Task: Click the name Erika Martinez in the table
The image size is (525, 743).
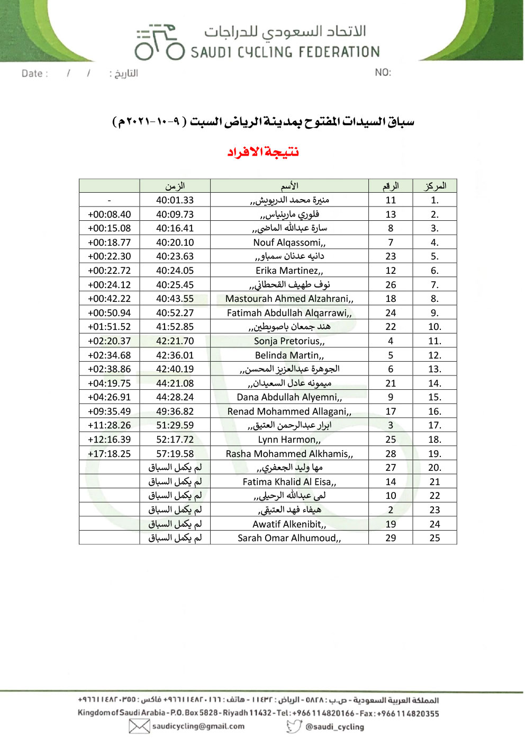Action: (289, 271)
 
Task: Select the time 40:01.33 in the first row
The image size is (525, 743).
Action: (175, 200)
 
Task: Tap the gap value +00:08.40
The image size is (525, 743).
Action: (109, 214)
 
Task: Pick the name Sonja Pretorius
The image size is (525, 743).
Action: (289, 341)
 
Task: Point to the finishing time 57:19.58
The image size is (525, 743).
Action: (175, 454)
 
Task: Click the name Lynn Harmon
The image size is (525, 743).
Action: (289, 440)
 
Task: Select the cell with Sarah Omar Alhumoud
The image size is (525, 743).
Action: (289, 538)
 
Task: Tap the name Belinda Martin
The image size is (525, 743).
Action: (289, 355)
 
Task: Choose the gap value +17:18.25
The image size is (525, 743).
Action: (109, 454)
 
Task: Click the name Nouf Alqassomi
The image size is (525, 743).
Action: (289, 243)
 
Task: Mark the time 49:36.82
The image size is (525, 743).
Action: (175, 411)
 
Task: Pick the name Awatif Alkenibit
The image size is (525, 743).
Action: (289, 524)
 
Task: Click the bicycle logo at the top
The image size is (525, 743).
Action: (159, 42)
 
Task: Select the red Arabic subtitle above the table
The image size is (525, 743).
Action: (263, 153)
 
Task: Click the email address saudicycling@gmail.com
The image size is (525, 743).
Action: (198, 727)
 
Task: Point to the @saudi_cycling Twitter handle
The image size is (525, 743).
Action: (334, 727)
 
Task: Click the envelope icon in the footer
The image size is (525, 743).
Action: (139, 727)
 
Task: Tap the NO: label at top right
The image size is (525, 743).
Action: (383, 73)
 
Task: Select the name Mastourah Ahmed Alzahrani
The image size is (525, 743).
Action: (289, 299)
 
